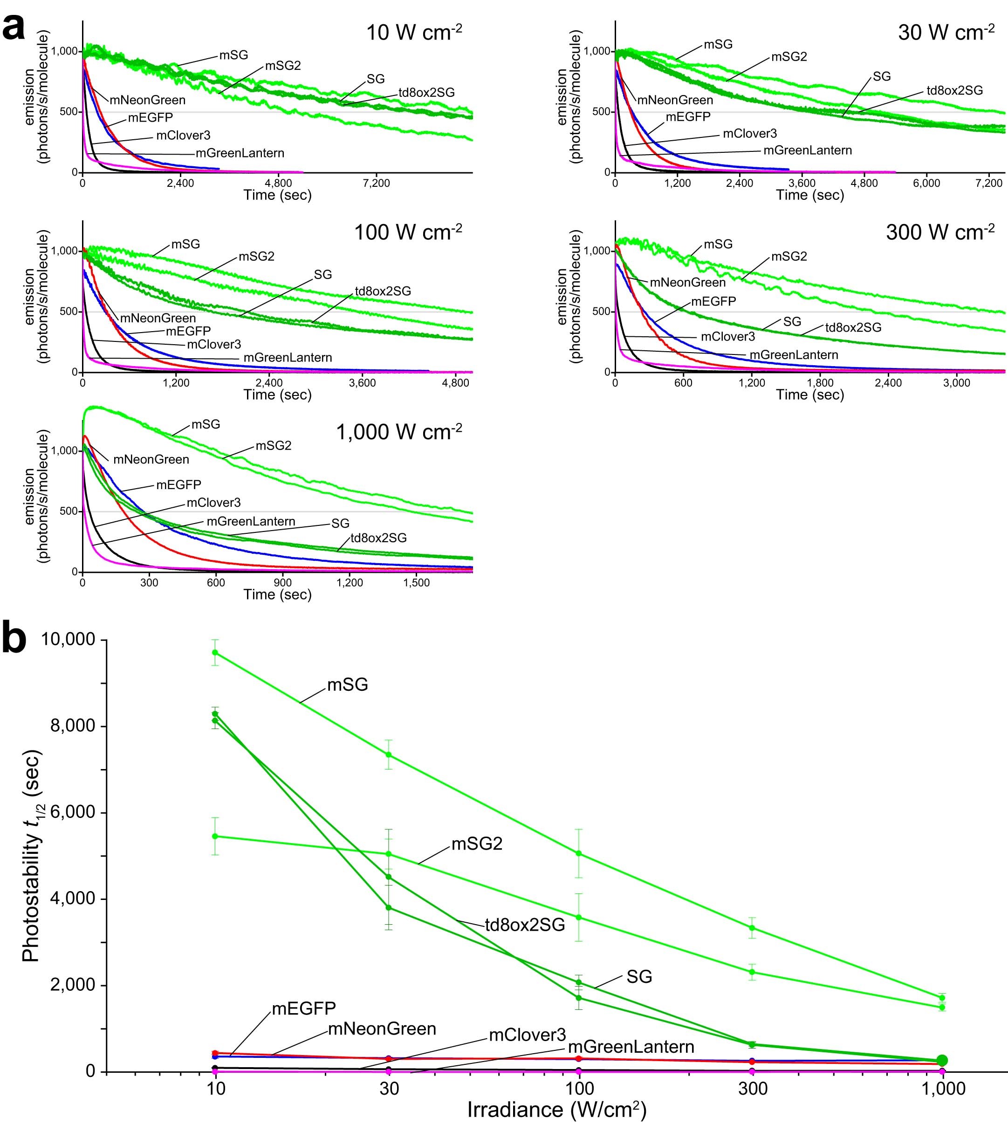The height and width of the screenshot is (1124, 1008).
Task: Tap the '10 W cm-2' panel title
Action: [414, 33]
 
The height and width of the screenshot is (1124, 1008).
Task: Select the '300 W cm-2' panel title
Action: [940, 232]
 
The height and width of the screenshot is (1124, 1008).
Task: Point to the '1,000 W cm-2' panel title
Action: [399, 431]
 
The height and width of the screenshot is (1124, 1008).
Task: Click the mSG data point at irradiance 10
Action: [215, 652]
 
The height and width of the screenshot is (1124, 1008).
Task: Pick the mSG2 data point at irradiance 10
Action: [215, 836]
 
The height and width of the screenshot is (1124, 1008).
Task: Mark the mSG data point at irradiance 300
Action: [752, 928]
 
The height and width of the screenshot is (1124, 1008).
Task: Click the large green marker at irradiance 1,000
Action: [942, 1060]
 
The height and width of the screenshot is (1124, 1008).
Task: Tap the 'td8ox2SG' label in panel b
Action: [524, 925]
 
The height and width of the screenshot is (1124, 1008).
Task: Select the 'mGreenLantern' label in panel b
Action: [631, 1047]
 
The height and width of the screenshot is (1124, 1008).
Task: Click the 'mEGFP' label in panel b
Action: [303, 1008]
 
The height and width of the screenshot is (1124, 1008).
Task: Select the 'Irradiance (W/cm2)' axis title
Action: [556, 1110]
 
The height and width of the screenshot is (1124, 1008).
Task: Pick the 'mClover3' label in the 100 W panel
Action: [214, 344]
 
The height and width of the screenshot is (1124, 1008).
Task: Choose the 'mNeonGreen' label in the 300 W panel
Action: [687, 282]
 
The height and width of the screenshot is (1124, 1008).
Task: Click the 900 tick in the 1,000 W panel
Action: [283, 582]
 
